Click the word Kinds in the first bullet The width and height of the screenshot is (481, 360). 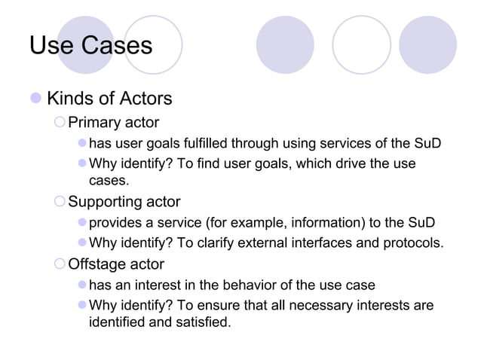tap(69, 99)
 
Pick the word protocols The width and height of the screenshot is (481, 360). tap(409, 243)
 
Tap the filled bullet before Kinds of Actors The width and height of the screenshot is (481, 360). tap(35, 99)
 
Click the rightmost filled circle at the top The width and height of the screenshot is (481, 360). tap(427, 44)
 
